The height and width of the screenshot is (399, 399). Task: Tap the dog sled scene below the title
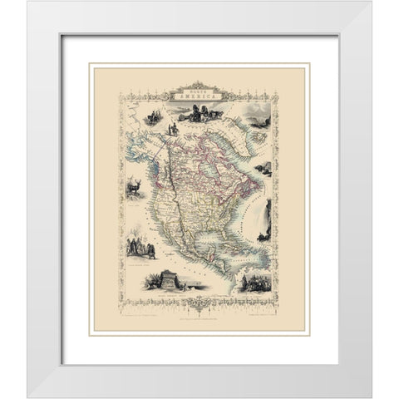199,111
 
